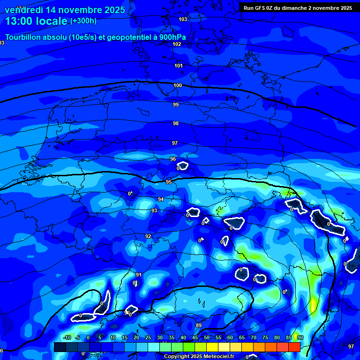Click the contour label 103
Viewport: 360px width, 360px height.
click(183, 19)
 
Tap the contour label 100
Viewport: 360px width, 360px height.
click(178, 86)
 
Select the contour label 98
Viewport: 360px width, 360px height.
click(176, 123)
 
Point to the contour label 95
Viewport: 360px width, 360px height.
click(169, 182)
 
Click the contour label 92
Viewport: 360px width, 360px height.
click(148, 236)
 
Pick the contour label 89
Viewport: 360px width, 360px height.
click(199, 325)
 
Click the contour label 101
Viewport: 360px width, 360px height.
click(179, 66)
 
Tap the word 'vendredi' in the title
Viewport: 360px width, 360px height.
click(24, 10)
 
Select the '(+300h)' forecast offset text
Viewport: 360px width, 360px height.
click(83, 21)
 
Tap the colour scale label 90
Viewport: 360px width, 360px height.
click(300, 337)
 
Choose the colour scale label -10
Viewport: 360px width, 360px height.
click(67, 337)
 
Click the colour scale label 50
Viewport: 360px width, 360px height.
click(207, 337)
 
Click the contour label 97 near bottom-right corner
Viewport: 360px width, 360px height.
click(351, 346)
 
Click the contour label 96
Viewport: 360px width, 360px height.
click(173, 159)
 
